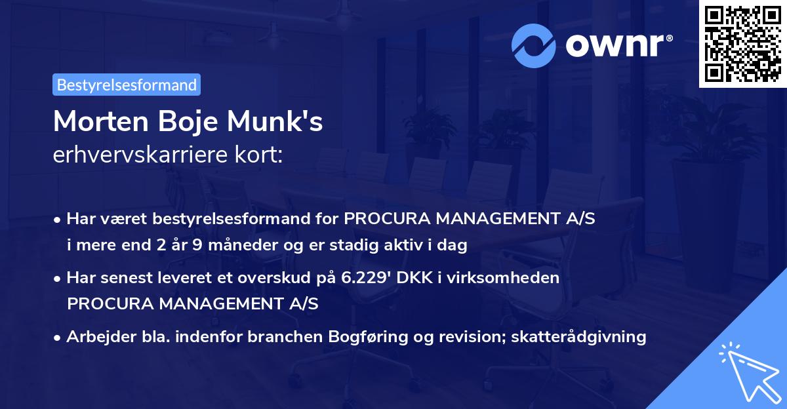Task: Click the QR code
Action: [x=742, y=43]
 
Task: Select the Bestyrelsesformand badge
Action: [x=127, y=85]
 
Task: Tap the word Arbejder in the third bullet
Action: [x=96, y=337]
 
